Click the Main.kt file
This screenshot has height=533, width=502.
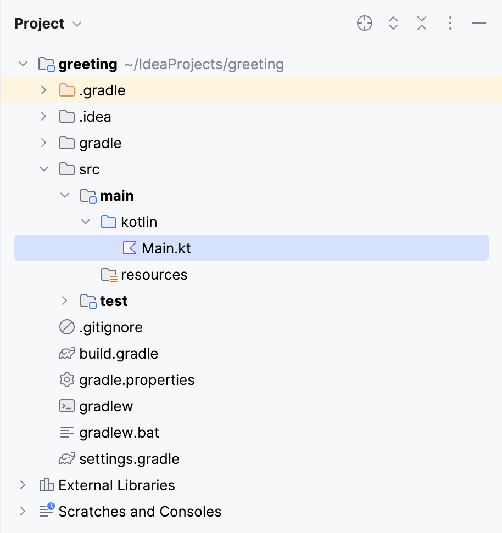pos(166,248)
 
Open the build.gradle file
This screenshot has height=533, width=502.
pos(119,354)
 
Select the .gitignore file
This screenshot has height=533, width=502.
pos(111,327)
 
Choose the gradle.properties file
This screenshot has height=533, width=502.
pos(137,380)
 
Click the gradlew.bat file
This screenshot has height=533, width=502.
pos(119,433)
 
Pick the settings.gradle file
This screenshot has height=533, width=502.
pos(129,459)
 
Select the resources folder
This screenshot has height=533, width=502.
pos(154,275)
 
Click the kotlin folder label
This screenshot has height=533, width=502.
pos(139,222)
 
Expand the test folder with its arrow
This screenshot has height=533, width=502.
pos(65,301)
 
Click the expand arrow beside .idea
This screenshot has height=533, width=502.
pos(44,117)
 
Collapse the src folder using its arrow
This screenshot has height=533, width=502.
pos(44,169)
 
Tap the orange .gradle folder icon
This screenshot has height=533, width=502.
pos(66,90)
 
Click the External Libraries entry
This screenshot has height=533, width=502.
pos(116,485)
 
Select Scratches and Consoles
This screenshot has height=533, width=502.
pos(140,512)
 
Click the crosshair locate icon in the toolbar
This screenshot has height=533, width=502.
pos(365,23)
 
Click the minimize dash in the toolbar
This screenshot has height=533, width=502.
pos(479,23)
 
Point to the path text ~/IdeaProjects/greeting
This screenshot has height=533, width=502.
pos(204,64)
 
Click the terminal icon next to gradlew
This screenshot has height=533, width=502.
pos(66,406)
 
